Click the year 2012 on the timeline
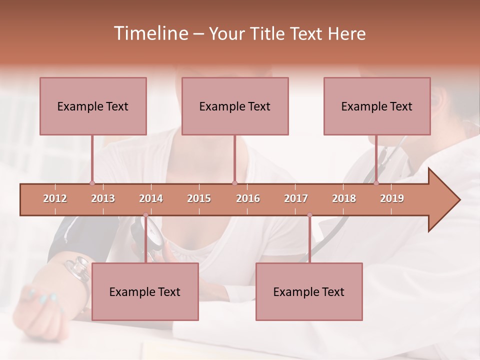point(55,198)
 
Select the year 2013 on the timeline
point(103,198)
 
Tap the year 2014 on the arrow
point(151,198)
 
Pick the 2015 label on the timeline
point(199,198)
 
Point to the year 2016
point(248,198)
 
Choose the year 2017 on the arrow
point(296,198)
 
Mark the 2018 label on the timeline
point(344,198)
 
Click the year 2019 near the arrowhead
point(392,198)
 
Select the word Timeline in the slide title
point(150,33)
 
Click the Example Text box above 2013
point(93,106)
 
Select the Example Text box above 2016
point(235,106)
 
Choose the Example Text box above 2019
point(377,106)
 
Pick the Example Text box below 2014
point(145,291)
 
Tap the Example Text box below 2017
point(309,291)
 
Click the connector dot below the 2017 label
point(309,215)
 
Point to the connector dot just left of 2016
point(234,183)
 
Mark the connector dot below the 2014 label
point(145,215)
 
